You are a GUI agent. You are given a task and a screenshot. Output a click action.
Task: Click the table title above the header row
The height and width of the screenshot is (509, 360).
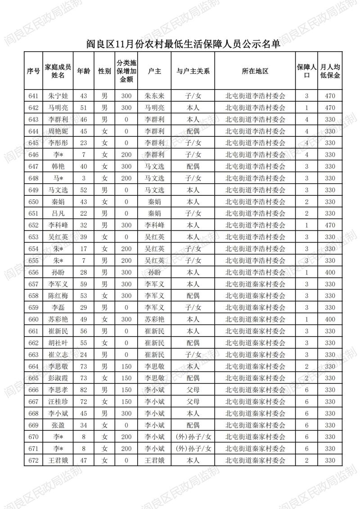pyautogui.click(x=180, y=44)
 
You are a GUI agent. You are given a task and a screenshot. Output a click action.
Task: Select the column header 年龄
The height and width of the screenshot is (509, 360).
pyautogui.click(x=83, y=71)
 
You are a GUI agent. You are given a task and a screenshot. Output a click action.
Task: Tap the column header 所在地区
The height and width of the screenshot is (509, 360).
pyautogui.click(x=255, y=71)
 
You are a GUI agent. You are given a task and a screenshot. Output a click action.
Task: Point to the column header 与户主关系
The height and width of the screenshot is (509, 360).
pyautogui.click(x=193, y=71)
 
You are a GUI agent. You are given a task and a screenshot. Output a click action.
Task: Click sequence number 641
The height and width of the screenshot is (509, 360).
pyautogui.click(x=33, y=96)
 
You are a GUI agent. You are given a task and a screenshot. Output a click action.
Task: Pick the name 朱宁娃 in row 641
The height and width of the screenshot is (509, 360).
pyautogui.click(x=58, y=96)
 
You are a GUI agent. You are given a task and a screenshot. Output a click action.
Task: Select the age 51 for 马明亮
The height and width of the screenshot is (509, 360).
pyautogui.click(x=83, y=108)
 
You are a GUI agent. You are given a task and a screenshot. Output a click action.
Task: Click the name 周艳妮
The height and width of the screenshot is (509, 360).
pyautogui.click(x=58, y=131)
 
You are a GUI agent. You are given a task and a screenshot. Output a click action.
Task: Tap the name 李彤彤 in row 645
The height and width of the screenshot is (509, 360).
pyautogui.click(x=58, y=143)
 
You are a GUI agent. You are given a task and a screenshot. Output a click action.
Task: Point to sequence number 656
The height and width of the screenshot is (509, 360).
pyautogui.click(x=33, y=272)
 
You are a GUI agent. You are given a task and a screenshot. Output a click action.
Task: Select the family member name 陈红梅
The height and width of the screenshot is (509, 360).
pyautogui.click(x=58, y=296)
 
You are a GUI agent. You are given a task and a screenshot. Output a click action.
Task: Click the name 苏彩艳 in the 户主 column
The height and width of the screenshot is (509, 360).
pyautogui.click(x=154, y=319)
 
